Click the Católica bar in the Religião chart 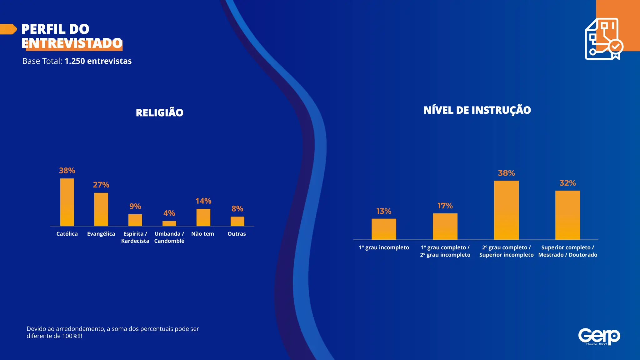pos(67,202)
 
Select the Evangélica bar pos(101,209)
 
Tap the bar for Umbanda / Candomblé pos(169,223)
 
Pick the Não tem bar pos(203,217)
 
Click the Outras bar pos(237,221)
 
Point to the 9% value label pos(135,206)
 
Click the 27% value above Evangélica pos(101,185)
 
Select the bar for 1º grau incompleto pos(384,229)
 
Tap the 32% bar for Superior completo pos(567,215)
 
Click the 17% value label pos(445,206)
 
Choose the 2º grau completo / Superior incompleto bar pos(506,210)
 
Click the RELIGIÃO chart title pos(160,112)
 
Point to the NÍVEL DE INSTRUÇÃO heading pos(477,110)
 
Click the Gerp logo pos(599,337)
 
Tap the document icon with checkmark pos(603,39)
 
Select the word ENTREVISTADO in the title pos(72,43)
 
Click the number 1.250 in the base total pos(75,61)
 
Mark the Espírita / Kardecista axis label pos(135,237)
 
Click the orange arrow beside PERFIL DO pos(8,29)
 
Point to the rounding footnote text pos(112,332)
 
